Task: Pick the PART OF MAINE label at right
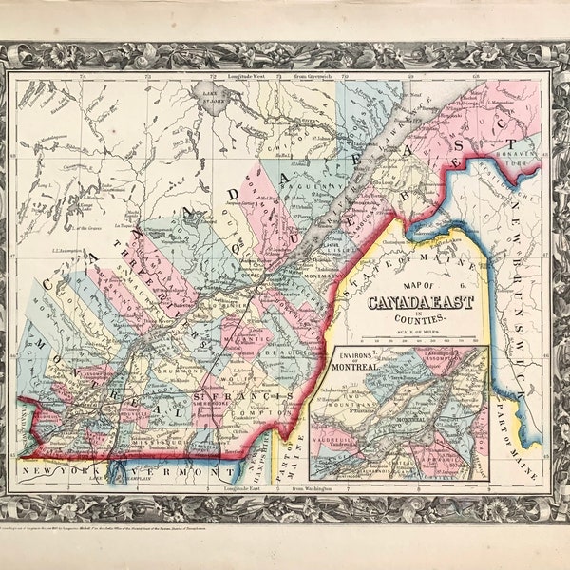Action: (x=514, y=418)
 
